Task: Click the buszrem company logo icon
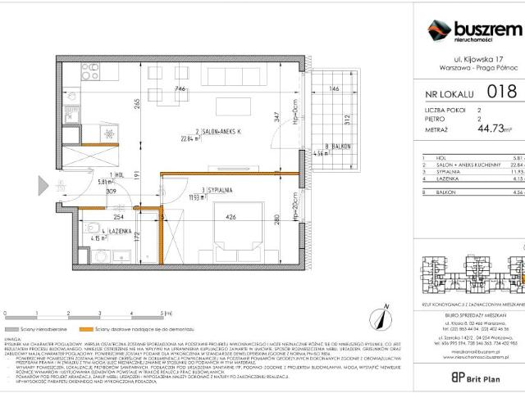[x=439, y=30]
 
